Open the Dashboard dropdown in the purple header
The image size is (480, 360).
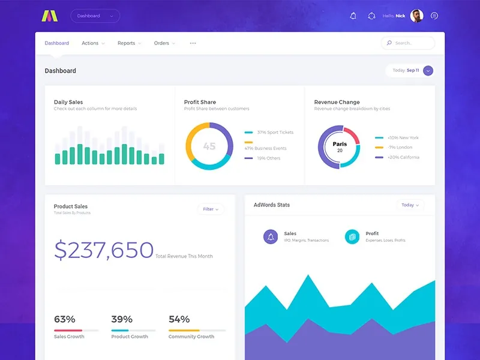(x=95, y=16)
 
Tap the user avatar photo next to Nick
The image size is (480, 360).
(x=416, y=16)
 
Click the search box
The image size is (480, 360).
(x=408, y=43)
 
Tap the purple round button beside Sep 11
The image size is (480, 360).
(x=428, y=71)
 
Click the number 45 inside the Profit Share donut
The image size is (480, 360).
(x=209, y=146)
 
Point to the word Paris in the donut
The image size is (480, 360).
(x=340, y=144)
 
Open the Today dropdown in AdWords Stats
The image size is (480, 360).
(x=410, y=205)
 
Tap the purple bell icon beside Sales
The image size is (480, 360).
(x=271, y=236)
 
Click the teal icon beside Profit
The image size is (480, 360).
(x=352, y=236)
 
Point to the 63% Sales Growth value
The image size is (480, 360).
(x=65, y=319)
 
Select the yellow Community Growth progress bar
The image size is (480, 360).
(x=197, y=331)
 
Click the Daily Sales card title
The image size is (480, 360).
(x=68, y=102)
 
